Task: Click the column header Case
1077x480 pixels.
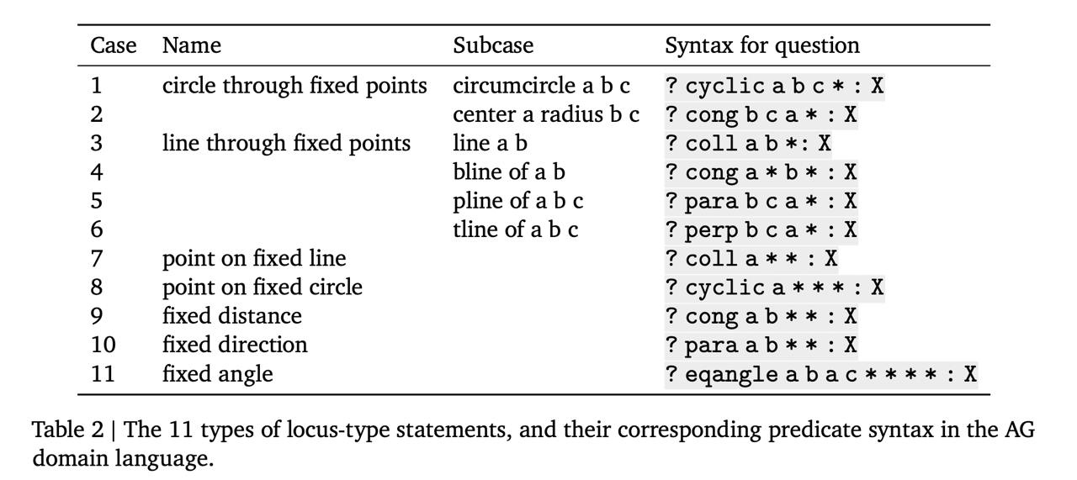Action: (x=114, y=45)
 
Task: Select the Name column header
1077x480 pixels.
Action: (x=192, y=45)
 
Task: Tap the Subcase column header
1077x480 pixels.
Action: (x=493, y=45)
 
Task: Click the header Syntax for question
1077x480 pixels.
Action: (x=762, y=46)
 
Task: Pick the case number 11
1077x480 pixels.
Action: (x=103, y=374)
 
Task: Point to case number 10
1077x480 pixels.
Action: (x=103, y=345)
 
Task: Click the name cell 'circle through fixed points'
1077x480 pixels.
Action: (x=294, y=87)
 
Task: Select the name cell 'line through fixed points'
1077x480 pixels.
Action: (x=287, y=144)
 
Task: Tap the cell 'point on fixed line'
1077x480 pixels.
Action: (x=254, y=259)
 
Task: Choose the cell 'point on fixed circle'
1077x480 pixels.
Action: (x=263, y=287)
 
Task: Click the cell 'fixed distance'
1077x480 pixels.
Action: (x=232, y=316)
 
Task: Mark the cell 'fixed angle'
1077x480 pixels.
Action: (x=218, y=374)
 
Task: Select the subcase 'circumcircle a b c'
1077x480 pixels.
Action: (x=541, y=86)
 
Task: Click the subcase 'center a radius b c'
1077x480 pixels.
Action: (x=546, y=115)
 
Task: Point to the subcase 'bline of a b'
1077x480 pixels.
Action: (x=509, y=172)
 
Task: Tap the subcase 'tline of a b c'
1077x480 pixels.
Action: (x=516, y=229)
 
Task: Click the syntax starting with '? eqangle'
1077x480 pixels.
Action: (x=821, y=374)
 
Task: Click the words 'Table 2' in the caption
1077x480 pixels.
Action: (x=68, y=430)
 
